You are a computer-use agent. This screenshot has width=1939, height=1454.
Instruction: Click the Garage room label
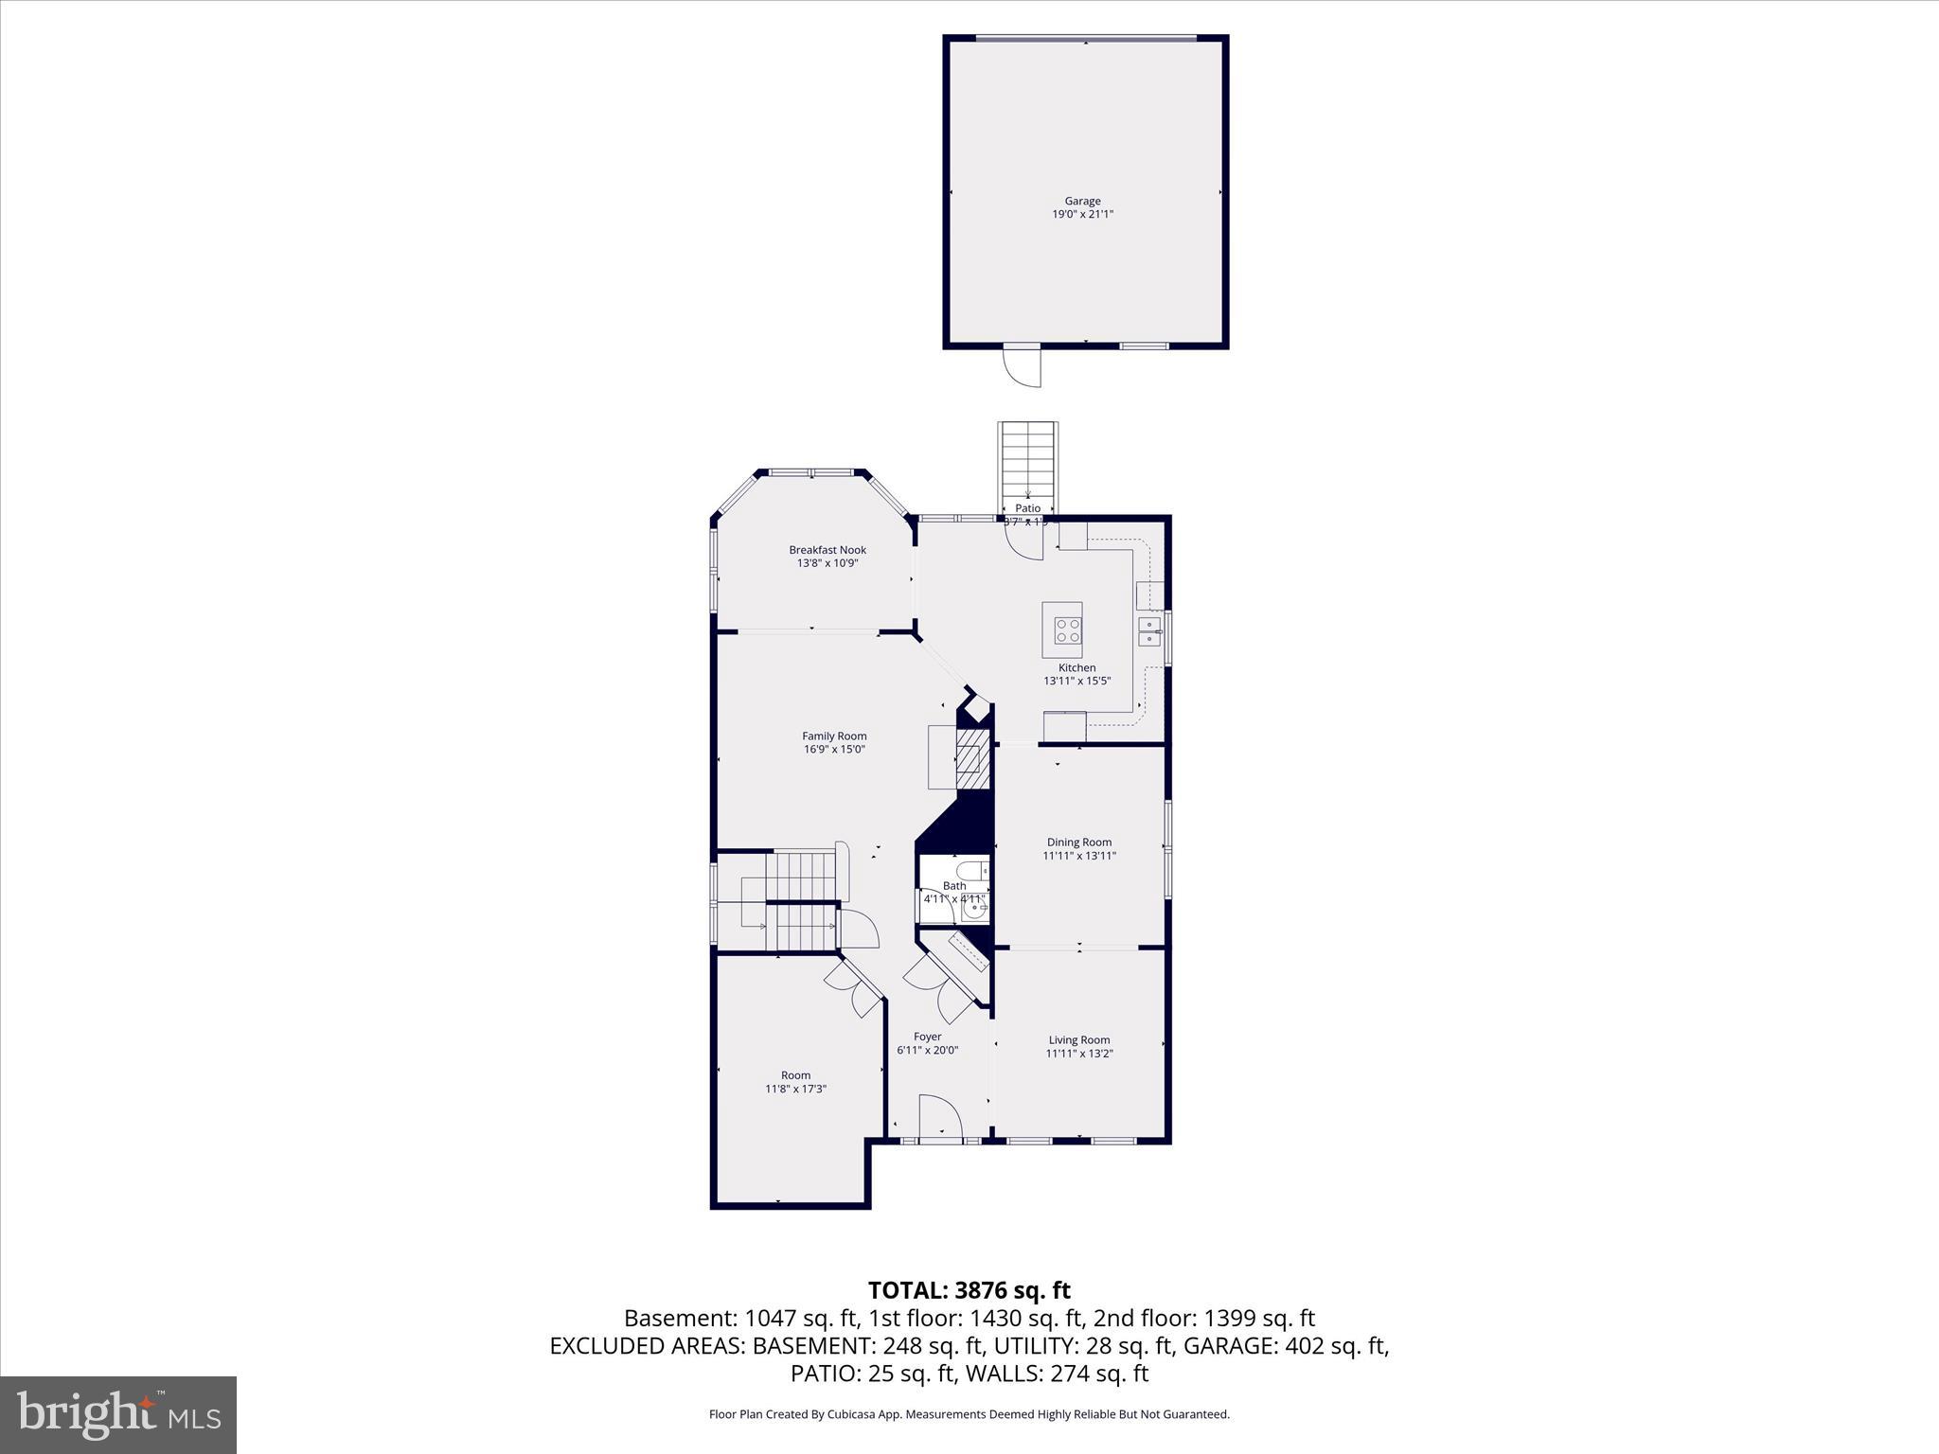[x=1082, y=201]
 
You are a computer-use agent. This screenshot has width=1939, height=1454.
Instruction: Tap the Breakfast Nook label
[x=827, y=550]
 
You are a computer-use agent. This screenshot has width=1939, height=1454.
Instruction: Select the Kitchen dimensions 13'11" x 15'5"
[x=1076, y=681]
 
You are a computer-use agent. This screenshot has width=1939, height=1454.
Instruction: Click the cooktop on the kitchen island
[x=1068, y=629]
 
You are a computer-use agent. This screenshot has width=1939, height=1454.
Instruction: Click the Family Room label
[x=834, y=736]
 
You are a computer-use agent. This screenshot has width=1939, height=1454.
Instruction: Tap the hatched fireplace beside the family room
[x=970, y=758]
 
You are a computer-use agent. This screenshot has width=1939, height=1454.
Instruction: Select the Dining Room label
[x=1078, y=842]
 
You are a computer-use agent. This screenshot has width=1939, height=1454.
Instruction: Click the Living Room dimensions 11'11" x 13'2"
[x=1078, y=1054]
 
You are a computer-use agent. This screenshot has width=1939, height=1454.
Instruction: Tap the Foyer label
[x=927, y=1037]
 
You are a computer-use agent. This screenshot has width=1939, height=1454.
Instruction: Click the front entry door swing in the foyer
[x=939, y=1117]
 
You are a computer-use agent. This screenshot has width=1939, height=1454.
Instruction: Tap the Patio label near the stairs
[x=1027, y=508]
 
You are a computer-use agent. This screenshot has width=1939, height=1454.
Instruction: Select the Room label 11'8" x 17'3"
[x=795, y=1075]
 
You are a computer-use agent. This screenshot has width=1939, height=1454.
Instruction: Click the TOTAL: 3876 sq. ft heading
[x=969, y=1290]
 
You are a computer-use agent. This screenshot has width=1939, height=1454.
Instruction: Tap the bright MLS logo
[x=118, y=1414]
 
